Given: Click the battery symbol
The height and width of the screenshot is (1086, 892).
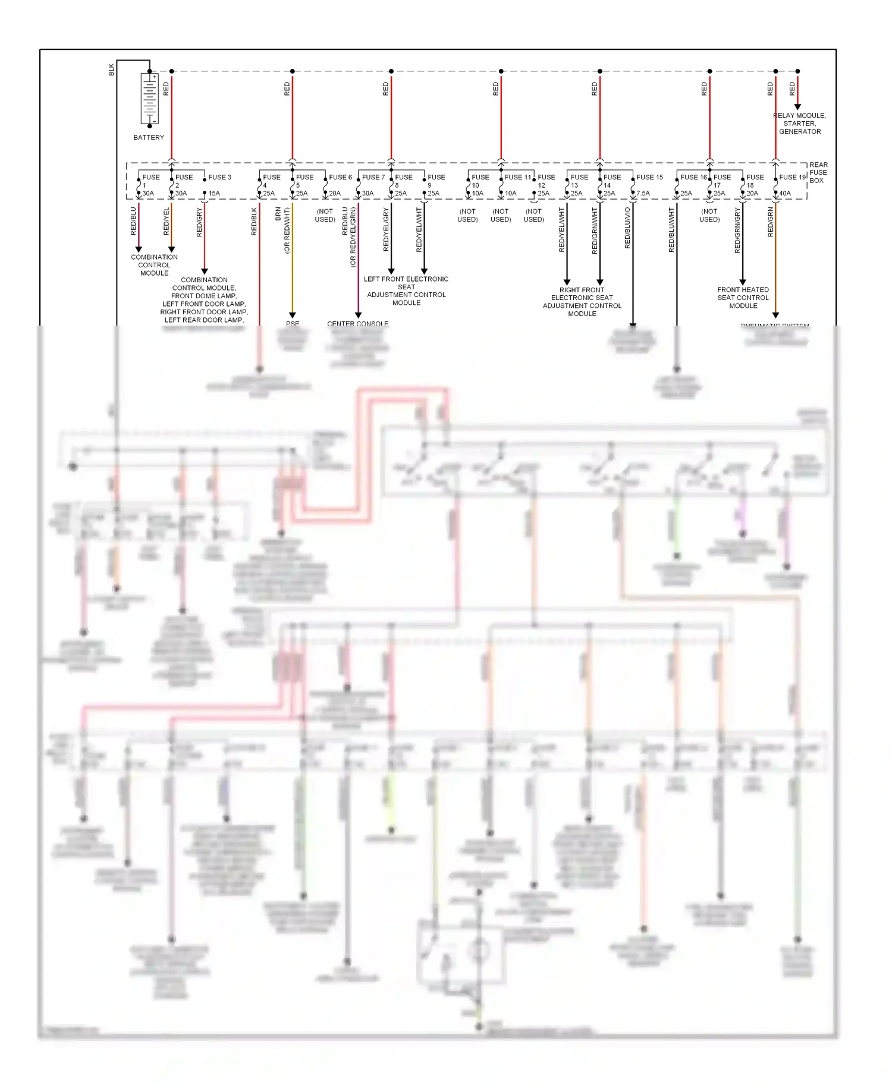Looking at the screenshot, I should coord(149,98).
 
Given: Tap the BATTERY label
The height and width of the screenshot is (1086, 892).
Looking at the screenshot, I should coord(149,137).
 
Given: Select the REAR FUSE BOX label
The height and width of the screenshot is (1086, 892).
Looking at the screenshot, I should coord(818,173).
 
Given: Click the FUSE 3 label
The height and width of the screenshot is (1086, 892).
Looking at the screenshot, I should coord(219,177).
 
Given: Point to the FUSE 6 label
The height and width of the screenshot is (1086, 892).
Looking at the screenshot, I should coord(340,177).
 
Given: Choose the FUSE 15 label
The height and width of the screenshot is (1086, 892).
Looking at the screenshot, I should coord(649,177).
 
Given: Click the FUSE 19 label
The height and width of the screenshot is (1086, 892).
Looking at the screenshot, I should coord(792,177).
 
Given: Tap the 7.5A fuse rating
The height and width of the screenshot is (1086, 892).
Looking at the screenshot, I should coord(643,193).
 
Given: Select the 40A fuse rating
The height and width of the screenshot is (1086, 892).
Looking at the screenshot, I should coord(785,193).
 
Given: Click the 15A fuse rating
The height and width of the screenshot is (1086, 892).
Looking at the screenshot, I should coord(214,193).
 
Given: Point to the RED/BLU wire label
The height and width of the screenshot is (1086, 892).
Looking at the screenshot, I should coord(134,221).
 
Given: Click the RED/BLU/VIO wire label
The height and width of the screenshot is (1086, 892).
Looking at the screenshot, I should coord(627,228).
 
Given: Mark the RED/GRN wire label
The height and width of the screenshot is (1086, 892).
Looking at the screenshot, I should coord(771,222).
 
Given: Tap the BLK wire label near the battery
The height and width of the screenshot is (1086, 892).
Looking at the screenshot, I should coord(111,70).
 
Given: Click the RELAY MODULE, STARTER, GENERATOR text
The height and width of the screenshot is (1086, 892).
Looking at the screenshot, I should coord(800,124).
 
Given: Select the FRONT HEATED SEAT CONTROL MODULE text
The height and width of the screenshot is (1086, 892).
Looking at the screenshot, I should coord(743,298).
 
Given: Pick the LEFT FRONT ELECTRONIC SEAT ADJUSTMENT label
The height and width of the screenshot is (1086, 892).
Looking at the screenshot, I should coord(406,291).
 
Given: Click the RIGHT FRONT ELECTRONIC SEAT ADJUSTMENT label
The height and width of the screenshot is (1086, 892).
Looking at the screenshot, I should coord(582,302).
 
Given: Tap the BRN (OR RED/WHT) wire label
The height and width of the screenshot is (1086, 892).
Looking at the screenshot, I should coord(282,230).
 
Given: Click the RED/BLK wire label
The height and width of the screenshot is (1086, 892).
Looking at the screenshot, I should coord(255,221).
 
